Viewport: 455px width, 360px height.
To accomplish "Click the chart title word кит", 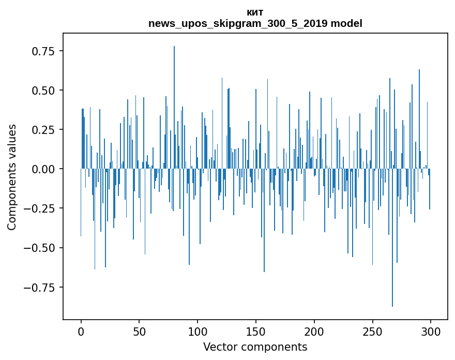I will (x=255, y=13).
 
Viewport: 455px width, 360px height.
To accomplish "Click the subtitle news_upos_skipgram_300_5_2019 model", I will (x=255, y=23).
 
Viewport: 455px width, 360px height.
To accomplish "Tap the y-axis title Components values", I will (x=12, y=177).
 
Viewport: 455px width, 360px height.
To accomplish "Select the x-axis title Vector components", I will (x=255, y=347).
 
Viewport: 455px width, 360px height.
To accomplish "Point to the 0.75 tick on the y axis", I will (x=44, y=51).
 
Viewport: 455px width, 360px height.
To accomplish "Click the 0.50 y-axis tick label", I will (x=44, y=91).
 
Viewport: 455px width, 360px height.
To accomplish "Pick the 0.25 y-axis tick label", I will (x=44, y=130).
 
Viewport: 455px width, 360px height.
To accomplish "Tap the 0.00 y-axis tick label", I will (x=44, y=169).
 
